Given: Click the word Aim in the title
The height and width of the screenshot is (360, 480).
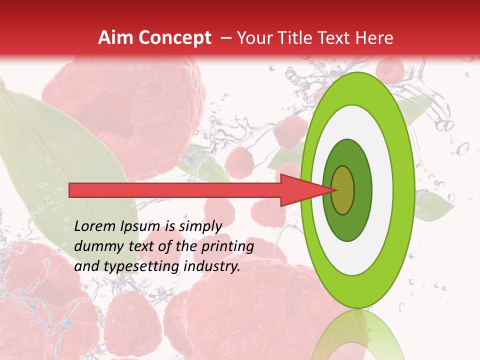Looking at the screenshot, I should [x=115, y=38].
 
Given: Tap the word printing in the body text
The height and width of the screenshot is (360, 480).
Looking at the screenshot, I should [x=227, y=246].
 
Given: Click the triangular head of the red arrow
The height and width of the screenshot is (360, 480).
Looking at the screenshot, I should [x=300, y=190].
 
